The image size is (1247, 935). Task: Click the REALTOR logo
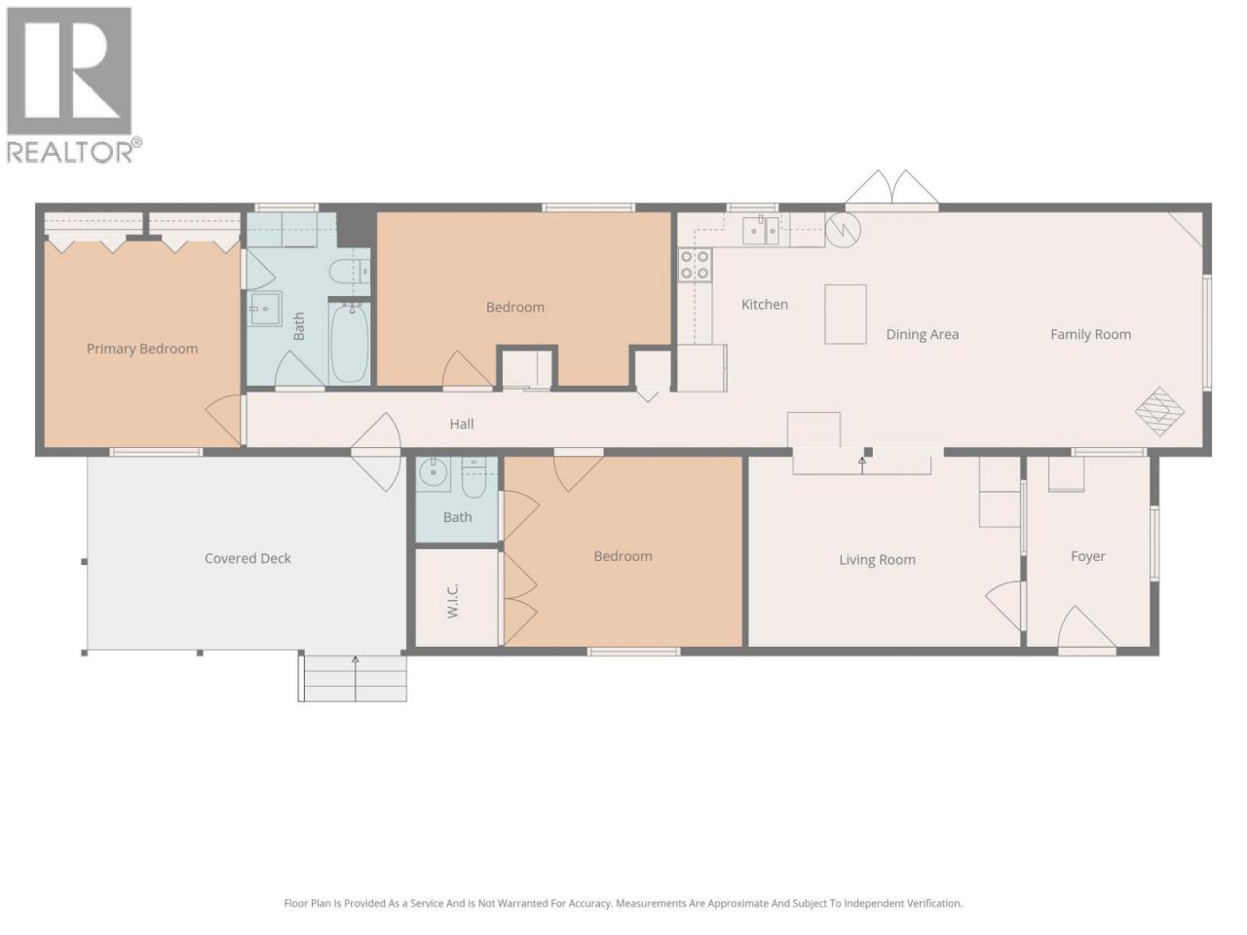(x=73, y=85)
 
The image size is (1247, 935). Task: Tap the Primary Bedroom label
(x=142, y=349)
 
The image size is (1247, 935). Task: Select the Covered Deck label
(x=247, y=559)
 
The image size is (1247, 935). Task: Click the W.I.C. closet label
(x=453, y=600)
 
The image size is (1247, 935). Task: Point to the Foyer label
(x=1088, y=557)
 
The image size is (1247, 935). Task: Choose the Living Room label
(x=877, y=560)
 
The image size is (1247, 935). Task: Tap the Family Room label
(x=1090, y=334)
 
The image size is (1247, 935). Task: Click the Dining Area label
(x=922, y=334)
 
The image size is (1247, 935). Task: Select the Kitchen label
(x=765, y=304)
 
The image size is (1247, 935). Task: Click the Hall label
(x=462, y=424)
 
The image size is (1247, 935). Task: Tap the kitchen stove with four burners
(x=695, y=265)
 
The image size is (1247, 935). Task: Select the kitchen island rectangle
(x=846, y=314)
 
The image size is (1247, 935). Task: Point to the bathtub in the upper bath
(x=349, y=342)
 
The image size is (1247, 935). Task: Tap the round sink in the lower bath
(x=435, y=471)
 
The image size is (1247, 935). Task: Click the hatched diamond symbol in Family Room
(x=1159, y=412)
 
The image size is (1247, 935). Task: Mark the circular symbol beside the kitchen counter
(x=843, y=229)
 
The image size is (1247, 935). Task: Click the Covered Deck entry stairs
(x=353, y=678)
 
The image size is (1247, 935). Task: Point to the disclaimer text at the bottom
(x=623, y=903)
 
